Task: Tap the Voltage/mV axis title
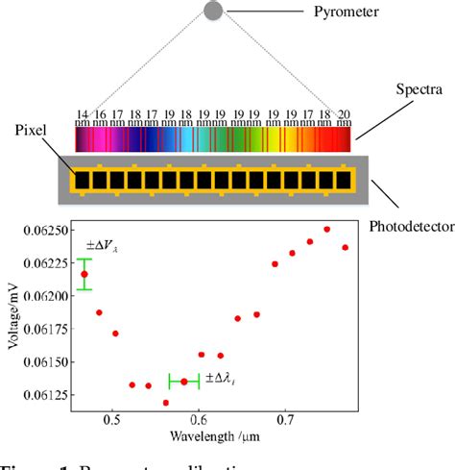point(12,324)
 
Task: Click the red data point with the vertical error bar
point(84,274)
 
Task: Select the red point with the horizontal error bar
point(183,382)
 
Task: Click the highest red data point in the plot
point(327,230)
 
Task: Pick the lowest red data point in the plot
point(166,403)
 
